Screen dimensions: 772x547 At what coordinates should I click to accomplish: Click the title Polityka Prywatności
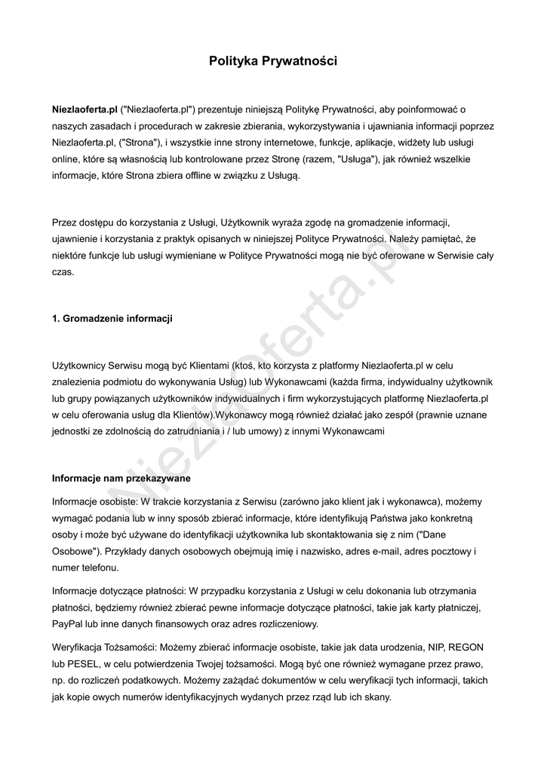pyautogui.click(x=273, y=61)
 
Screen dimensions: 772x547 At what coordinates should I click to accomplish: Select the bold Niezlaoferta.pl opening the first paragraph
pyautogui.click(x=85, y=109)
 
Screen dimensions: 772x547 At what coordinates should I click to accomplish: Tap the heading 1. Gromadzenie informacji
pyautogui.click(x=112, y=319)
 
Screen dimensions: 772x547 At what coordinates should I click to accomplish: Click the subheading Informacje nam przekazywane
pyautogui.click(x=121, y=479)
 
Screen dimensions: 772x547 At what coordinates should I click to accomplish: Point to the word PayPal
pyautogui.click(x=67, y=624)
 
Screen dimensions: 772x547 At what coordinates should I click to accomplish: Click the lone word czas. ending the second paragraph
pyautogui.click(x=63, y=272)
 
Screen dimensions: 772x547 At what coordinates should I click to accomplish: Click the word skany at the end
pyautogui.click(x=375, y=697)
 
